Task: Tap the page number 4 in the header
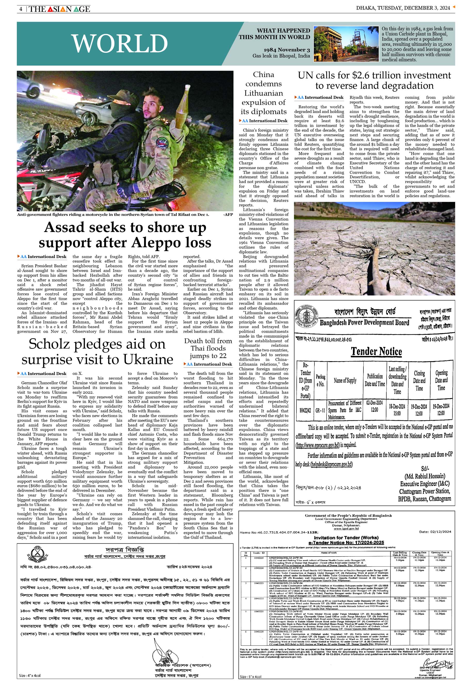coord(21,9)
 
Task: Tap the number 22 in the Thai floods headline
coord(222,355)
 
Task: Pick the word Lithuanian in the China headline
coord(263,93)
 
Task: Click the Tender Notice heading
coord(376,351)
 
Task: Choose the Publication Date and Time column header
coord(375,380)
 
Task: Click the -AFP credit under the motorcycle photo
coord(228,214)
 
